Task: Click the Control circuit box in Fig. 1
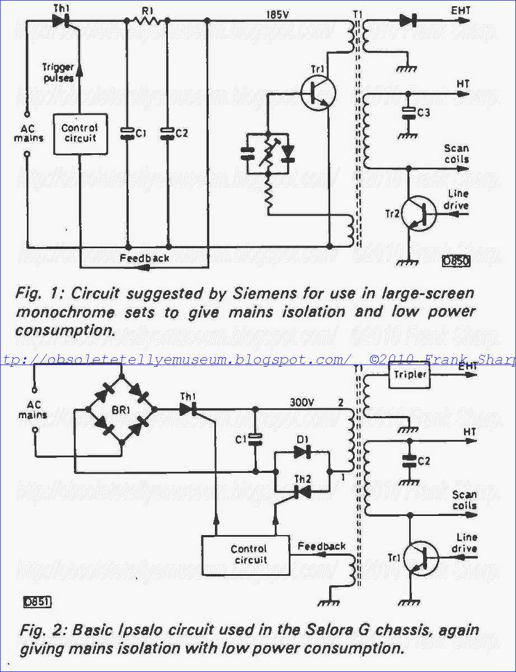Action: (x=81, y=134)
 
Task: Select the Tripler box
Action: (x=410, y=375)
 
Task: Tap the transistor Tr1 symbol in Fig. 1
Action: (x=318, y=93)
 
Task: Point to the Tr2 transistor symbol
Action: (x=419, y=214)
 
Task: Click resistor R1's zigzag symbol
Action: (x=147, y=21)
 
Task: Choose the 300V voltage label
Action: (x=302, y=403)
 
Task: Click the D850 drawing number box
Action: (x=457, y=261)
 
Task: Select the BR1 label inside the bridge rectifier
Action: (x=120, y=410)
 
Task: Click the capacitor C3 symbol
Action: (x=409, y=113)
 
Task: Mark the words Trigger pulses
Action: (x=59, y=73)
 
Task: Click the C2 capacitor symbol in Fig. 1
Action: (x=168, y=134)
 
